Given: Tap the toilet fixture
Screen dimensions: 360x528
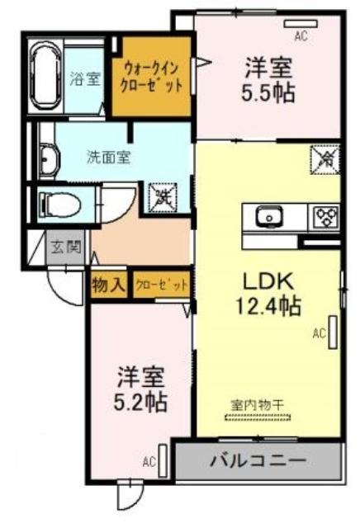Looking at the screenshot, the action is pyautogui.click(x=59, y=204).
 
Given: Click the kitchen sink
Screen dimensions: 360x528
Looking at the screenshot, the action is pyautogui.click(x=269, y=216).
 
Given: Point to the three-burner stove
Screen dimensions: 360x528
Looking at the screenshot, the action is pyautogui.click(x=325, y=217).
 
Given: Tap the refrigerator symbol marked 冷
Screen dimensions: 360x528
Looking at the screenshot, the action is pyautogui.click(x=325, y=159).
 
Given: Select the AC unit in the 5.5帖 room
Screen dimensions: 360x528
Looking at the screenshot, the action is pyautogui.click(x=301, y=24).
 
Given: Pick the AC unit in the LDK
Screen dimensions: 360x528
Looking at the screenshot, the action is pyautogui.click(x=333, y=332).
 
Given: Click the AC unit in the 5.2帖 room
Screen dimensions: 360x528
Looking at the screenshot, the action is pyautogui.click(x=163, y=460).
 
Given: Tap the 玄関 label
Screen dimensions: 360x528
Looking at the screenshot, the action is pyautogui.click(x=66, y=247).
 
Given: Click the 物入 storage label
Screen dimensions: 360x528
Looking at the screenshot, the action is pyautogui.click(x=108, y=285).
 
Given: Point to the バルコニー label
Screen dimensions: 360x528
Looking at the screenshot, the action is pyautogui.click(x=258, y=460).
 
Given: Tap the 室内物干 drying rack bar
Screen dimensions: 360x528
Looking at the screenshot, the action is pyautogui.click(x=258, y=418).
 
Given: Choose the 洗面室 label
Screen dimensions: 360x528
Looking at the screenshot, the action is pyautogui.click(x=108, y=158).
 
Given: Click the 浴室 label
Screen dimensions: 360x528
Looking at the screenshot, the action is pyautogui.click(x=84, y=78).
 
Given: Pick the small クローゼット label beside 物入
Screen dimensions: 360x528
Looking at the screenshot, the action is pyautogui.click(x=162, y=285).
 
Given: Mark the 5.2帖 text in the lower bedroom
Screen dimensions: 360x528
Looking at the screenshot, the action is pyautogui.click(x=140, y=402).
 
